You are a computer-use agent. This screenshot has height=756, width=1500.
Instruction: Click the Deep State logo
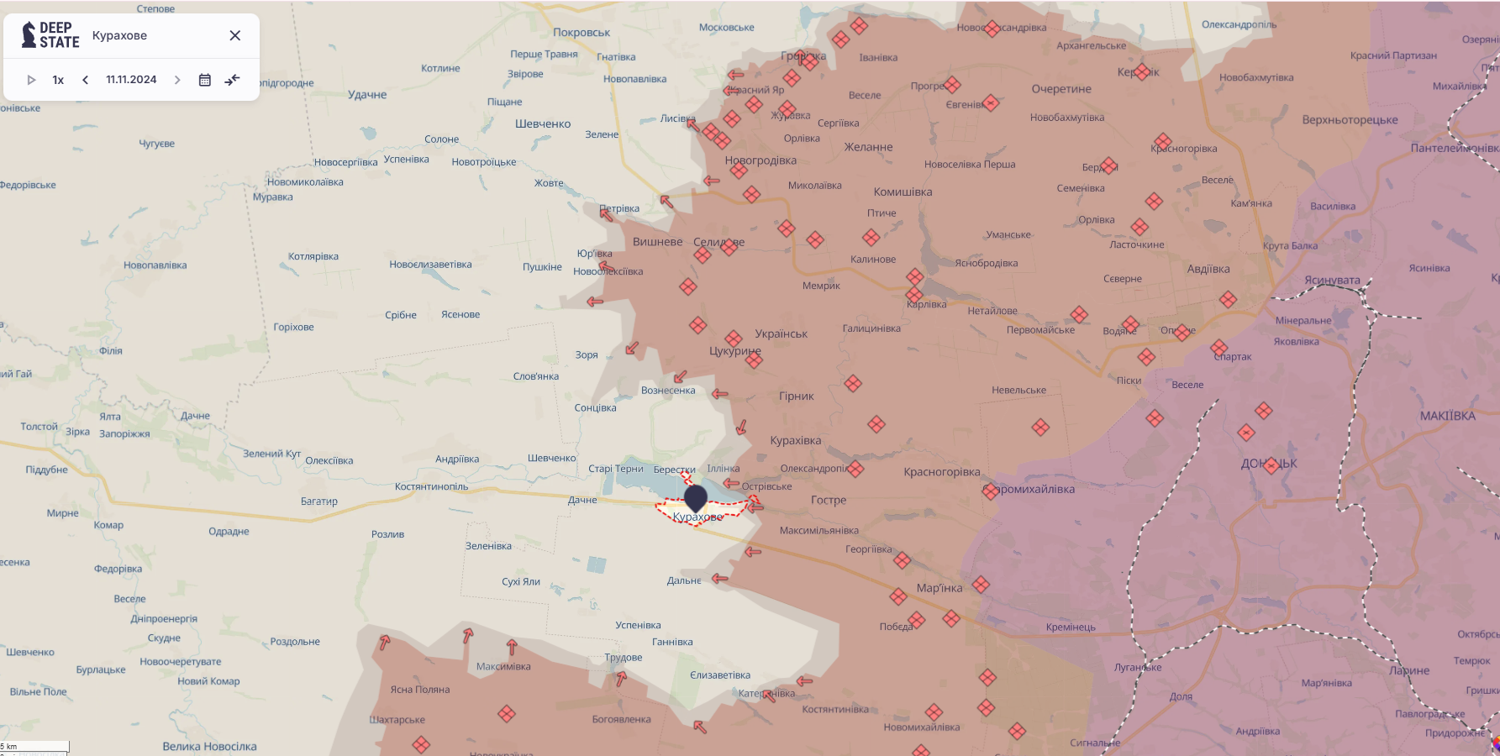coord(50,35)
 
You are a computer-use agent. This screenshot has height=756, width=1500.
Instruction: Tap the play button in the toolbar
coord(31,80)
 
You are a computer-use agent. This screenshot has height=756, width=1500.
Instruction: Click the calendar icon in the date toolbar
coord(204,80)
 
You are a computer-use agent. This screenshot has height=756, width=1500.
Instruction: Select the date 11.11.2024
coord(131,80)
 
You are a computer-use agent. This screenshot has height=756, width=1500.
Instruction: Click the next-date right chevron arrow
coord(177,80)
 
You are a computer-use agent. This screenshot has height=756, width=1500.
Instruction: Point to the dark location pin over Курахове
coord(696,496)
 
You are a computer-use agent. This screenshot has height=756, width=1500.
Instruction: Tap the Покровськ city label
coord(582,33)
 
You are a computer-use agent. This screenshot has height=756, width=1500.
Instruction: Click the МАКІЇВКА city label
coord(1447,416)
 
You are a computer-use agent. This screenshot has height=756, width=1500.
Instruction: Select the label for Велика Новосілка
coord(209,746)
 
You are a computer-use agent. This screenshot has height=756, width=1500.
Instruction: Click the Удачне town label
coord(367,95)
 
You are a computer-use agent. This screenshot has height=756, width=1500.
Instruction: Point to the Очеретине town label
coord(1061,89)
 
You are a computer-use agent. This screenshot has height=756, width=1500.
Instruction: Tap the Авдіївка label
coord(1208,270)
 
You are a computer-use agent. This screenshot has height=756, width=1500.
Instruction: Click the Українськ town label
coord(781,333)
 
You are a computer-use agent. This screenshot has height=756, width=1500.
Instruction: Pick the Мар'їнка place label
coord(939,588)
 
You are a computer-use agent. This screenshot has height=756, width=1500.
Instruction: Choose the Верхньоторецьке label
coord(1350,120)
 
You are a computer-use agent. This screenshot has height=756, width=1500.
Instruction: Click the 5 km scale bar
coord(34,746)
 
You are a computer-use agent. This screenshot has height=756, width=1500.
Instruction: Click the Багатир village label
coord(318,501)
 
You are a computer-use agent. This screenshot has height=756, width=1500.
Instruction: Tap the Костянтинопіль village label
coord(431,486)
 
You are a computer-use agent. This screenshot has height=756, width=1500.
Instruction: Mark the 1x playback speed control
coord(58,80)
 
